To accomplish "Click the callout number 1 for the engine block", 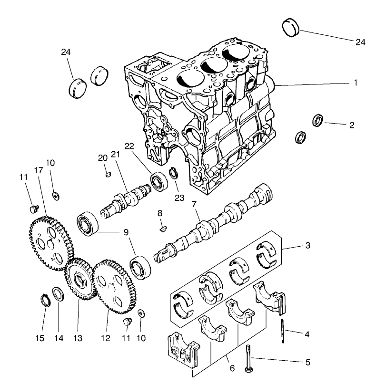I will (x=355, y=83).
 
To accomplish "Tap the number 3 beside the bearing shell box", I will (x=307, y=246).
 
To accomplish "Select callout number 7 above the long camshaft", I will (x=194, y=204).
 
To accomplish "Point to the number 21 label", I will (x=114, y=154).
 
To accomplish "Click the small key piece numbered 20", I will (x=108, y=174).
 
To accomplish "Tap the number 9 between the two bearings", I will (x=126, y=232).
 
